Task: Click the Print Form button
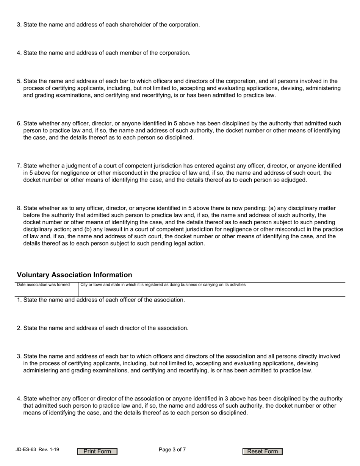[x=97, y=451]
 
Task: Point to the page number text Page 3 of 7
[x=172, y=450]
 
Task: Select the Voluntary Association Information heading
[x=75, y=275]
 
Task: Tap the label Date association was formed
[x=43, y=285]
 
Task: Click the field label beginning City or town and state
[x=163, y=285]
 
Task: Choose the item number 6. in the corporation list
[x=19, y=124]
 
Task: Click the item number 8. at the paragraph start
[x=19, y=208]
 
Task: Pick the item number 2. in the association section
[x=19, y=328]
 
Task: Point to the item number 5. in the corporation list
[x=19, y=81]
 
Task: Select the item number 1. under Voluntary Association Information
[x=19, y=300]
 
